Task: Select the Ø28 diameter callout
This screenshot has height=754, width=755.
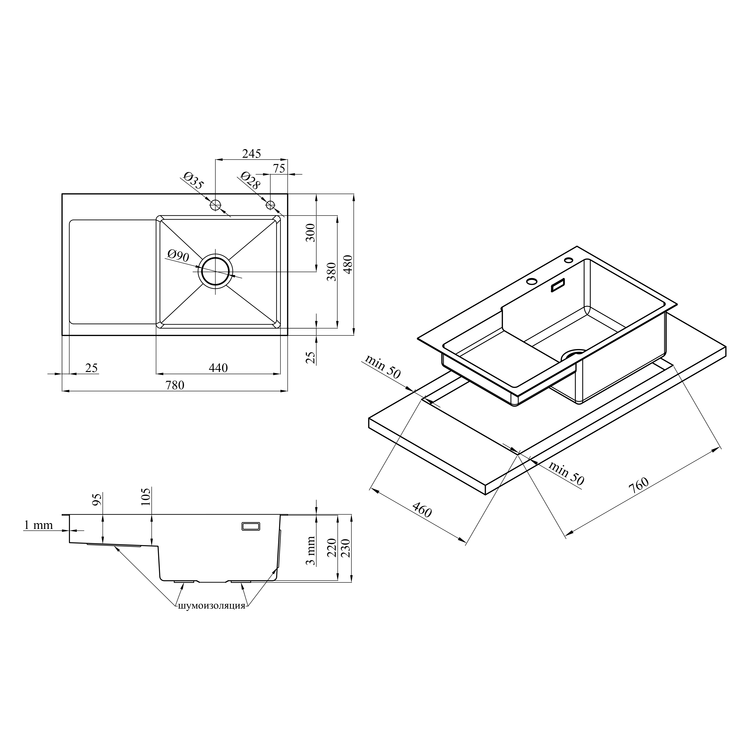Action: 250,180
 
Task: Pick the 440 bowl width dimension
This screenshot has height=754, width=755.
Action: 218,368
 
